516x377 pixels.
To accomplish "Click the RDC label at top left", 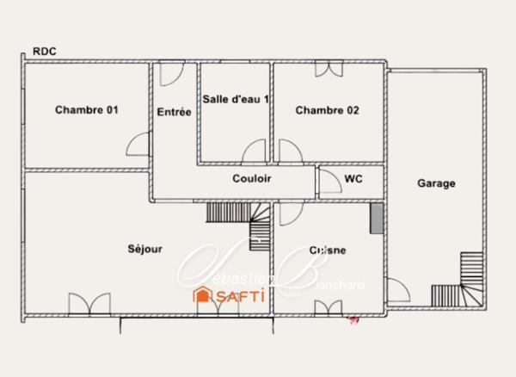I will point(44,52).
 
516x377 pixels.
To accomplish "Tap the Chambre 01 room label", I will point(86,110).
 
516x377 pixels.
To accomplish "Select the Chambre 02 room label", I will point(327,110).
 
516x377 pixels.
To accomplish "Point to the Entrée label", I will point(174,111).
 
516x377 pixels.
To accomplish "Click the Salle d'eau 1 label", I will point(236,99).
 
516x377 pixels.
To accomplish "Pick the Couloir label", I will point(252,179).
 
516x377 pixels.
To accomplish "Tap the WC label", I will point(353,179).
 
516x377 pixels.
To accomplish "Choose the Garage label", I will point(436,183).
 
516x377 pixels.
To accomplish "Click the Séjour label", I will point(144,249).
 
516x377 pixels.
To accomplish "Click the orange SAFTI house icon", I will point(203,295).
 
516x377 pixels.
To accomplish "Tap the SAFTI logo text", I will point(239,295).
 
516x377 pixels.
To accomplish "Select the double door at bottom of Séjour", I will point(89,306).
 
